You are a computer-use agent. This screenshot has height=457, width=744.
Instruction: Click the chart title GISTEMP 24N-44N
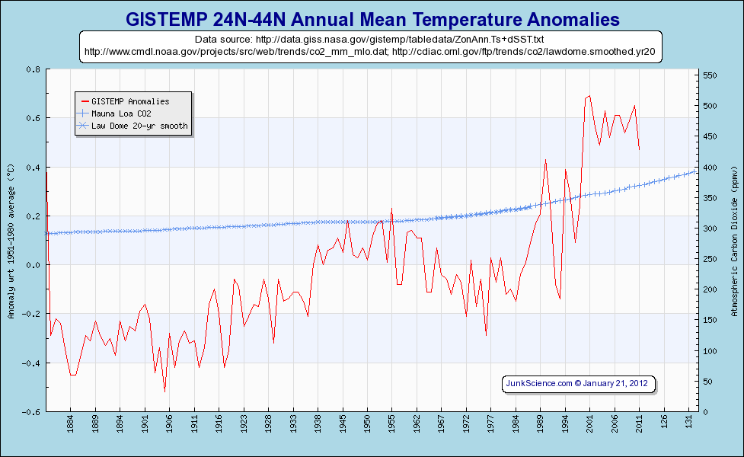click(372, 18)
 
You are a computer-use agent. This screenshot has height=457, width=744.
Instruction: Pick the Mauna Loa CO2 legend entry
click(126, 113)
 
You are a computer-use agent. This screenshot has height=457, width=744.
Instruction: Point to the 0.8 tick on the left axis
click(34, 69)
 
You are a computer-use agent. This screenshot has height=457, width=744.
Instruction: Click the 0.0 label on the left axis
click(34, 265)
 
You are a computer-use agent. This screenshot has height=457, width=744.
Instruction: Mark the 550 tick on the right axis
click(710, 75)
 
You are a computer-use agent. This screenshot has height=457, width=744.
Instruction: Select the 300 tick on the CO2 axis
click(710, 228)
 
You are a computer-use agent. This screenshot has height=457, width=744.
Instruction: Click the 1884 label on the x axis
click(70, 420)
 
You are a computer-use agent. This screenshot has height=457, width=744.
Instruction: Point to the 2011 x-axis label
click(639, 420)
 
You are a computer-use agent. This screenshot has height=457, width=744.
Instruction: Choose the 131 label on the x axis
click(688, 420)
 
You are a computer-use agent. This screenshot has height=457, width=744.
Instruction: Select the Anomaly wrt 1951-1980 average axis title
click(10, 241)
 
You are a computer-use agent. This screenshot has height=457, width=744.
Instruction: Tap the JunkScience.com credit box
click(578, 384)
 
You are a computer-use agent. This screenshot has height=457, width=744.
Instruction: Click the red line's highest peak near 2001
click(589, 96)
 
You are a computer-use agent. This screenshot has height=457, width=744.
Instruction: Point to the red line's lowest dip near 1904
click(164, 391)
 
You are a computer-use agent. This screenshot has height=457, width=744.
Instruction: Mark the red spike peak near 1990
click(546, 159)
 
